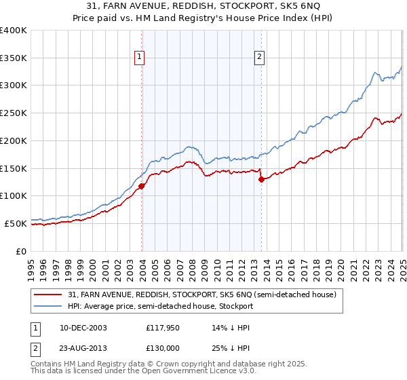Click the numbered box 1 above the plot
(138, 58)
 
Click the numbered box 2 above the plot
(259, 58)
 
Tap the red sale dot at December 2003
(142, 185)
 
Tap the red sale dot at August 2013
(262, 179)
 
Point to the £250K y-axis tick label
(14, 113)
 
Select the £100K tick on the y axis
(14, 196)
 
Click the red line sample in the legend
(48, 294)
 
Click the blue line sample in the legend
(48, 306)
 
